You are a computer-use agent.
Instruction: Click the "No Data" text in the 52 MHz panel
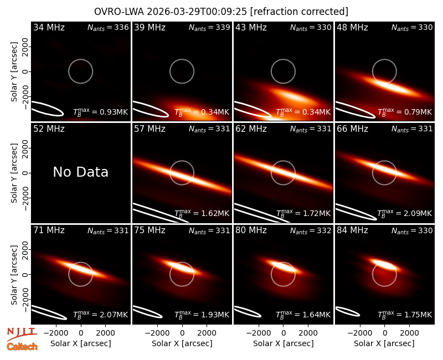(80, 172)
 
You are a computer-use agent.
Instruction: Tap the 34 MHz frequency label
(49, 27)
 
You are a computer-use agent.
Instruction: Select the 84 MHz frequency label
(352, 230)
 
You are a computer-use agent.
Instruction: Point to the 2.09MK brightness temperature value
(416, 213)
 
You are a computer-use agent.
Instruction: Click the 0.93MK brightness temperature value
(112, 112)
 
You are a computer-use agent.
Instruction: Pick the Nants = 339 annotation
(209, 27)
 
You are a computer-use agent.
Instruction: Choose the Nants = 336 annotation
(108, 27)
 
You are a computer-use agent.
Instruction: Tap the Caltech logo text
(22, 347)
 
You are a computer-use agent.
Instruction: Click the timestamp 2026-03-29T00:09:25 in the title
(197, 12)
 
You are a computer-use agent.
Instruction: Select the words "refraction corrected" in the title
(299, 12)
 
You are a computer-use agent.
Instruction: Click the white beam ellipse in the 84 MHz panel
(348, 311)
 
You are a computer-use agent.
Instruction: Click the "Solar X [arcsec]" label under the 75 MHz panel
(182, 343)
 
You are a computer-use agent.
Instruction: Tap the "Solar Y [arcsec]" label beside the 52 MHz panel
(14, 173)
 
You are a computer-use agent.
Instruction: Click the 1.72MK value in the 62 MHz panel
(314, 213)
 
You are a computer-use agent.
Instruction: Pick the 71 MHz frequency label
(49, 230)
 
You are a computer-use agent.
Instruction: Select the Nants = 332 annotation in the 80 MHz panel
(311, 230)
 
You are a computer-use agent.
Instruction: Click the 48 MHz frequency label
(352, 27)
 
